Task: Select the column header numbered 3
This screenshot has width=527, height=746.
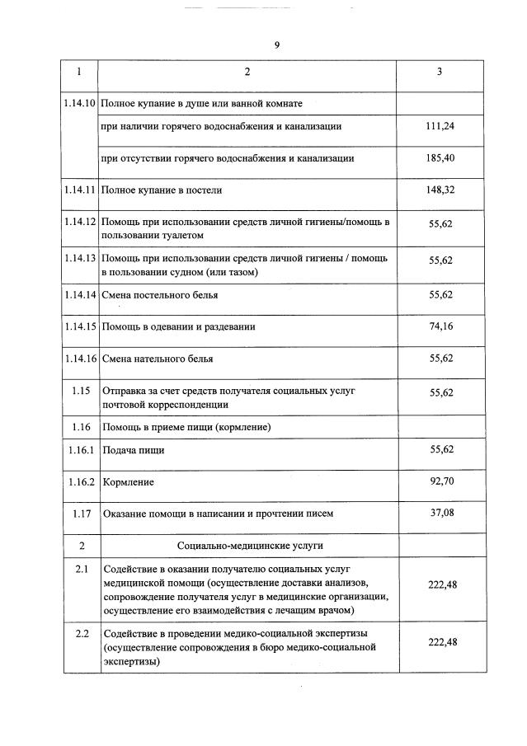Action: pos(439,72)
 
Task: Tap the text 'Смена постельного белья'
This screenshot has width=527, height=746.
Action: pos(160,294)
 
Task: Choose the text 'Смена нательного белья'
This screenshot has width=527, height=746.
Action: pos(158,359)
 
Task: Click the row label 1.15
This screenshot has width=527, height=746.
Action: pos(81,390)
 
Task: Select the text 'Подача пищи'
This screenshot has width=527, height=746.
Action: pos(133,450)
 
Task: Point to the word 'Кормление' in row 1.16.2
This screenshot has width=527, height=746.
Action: pos(129,481)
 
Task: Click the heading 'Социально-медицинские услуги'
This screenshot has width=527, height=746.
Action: pos(250,546)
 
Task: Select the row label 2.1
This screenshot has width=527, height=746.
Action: pos(81,570)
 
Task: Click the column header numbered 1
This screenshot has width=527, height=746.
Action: pos(80,72)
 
